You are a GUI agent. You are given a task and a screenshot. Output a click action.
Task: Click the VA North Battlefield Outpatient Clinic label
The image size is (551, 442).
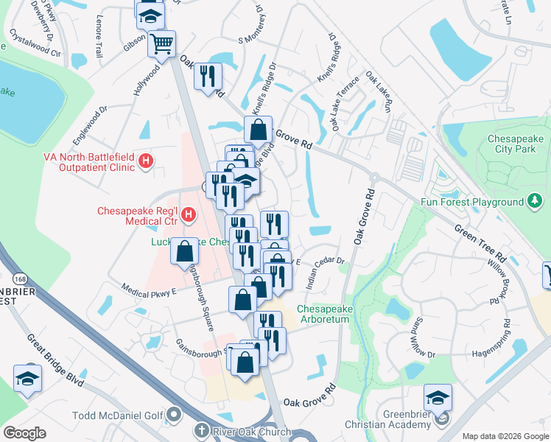(89, 161)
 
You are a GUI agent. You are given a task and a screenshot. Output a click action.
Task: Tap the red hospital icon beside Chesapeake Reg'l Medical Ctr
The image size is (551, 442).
(189, 215)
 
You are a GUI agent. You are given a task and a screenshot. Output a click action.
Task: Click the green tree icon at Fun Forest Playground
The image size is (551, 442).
(536, 201)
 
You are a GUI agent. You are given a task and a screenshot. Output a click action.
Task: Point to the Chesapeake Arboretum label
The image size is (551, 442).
(333, 314)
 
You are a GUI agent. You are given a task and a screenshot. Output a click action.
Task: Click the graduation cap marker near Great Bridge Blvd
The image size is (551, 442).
(27, 379)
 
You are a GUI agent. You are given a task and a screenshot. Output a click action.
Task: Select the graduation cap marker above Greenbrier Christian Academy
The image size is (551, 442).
(438, 399)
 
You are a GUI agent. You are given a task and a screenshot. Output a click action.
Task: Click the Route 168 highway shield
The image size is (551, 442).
(20, 278)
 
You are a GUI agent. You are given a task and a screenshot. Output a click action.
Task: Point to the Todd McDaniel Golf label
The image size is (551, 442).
(117, 415)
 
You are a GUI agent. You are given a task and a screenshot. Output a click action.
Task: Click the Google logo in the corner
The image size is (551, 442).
(24, 433)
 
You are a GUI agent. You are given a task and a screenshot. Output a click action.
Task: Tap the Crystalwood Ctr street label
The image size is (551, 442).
(35, 43)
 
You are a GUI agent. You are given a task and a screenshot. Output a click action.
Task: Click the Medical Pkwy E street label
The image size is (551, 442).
(149, 291)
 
